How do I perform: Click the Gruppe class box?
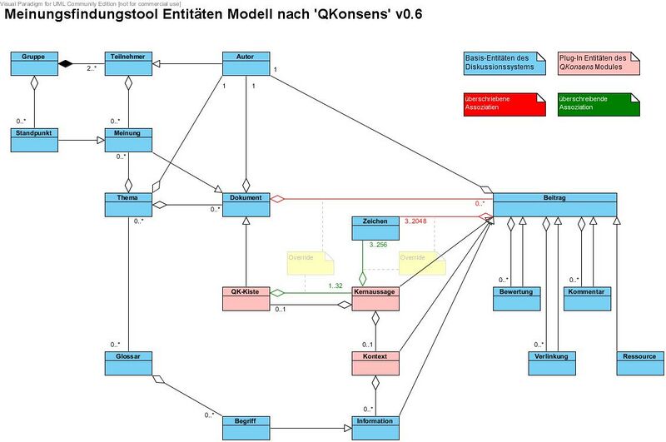[x=34, y=62]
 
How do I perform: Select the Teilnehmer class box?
[x=128, y=62]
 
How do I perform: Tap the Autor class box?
[x=246, y=62]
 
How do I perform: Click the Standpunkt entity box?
[x=34, y=139]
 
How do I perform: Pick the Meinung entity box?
[x=128, y=139]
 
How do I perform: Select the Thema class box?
[x=128, y=205]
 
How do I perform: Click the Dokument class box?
[x=246, y=205]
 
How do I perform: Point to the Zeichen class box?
[x=375, y=228]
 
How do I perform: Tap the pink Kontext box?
[x=375, y=363]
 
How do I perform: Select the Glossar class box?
[x=128, y=363]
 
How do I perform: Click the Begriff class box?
[x=246, y=427]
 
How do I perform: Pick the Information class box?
[x=375, y=427]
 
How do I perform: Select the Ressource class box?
[x=639, y=363]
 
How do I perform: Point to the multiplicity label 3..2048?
[x=417, y=221]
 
